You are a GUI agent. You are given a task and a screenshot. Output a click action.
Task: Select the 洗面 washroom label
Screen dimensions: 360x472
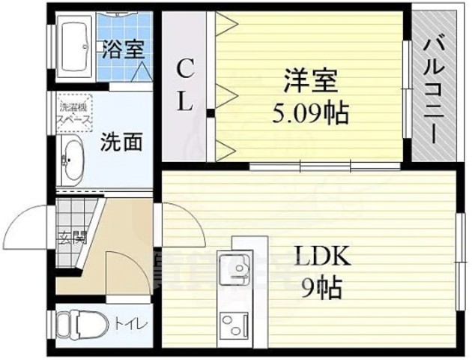121,141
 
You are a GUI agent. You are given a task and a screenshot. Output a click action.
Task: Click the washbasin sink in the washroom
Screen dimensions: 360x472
72,161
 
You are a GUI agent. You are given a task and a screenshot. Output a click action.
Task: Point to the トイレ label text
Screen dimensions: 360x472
130,323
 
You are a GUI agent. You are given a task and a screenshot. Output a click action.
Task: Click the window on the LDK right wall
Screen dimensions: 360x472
459,247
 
